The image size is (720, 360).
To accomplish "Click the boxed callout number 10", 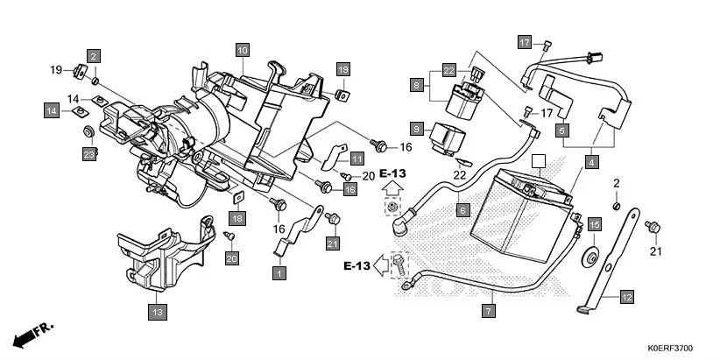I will pos(243,51).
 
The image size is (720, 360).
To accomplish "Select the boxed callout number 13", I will pos(157,311).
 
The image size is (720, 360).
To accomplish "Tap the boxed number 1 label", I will pos(279,274).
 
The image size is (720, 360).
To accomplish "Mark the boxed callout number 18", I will pos(237,217).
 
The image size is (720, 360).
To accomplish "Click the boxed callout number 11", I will pos(357,159).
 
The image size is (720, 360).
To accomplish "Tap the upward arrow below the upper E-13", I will pos(392,187).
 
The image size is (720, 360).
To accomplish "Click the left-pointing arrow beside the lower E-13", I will pos(380,263).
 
